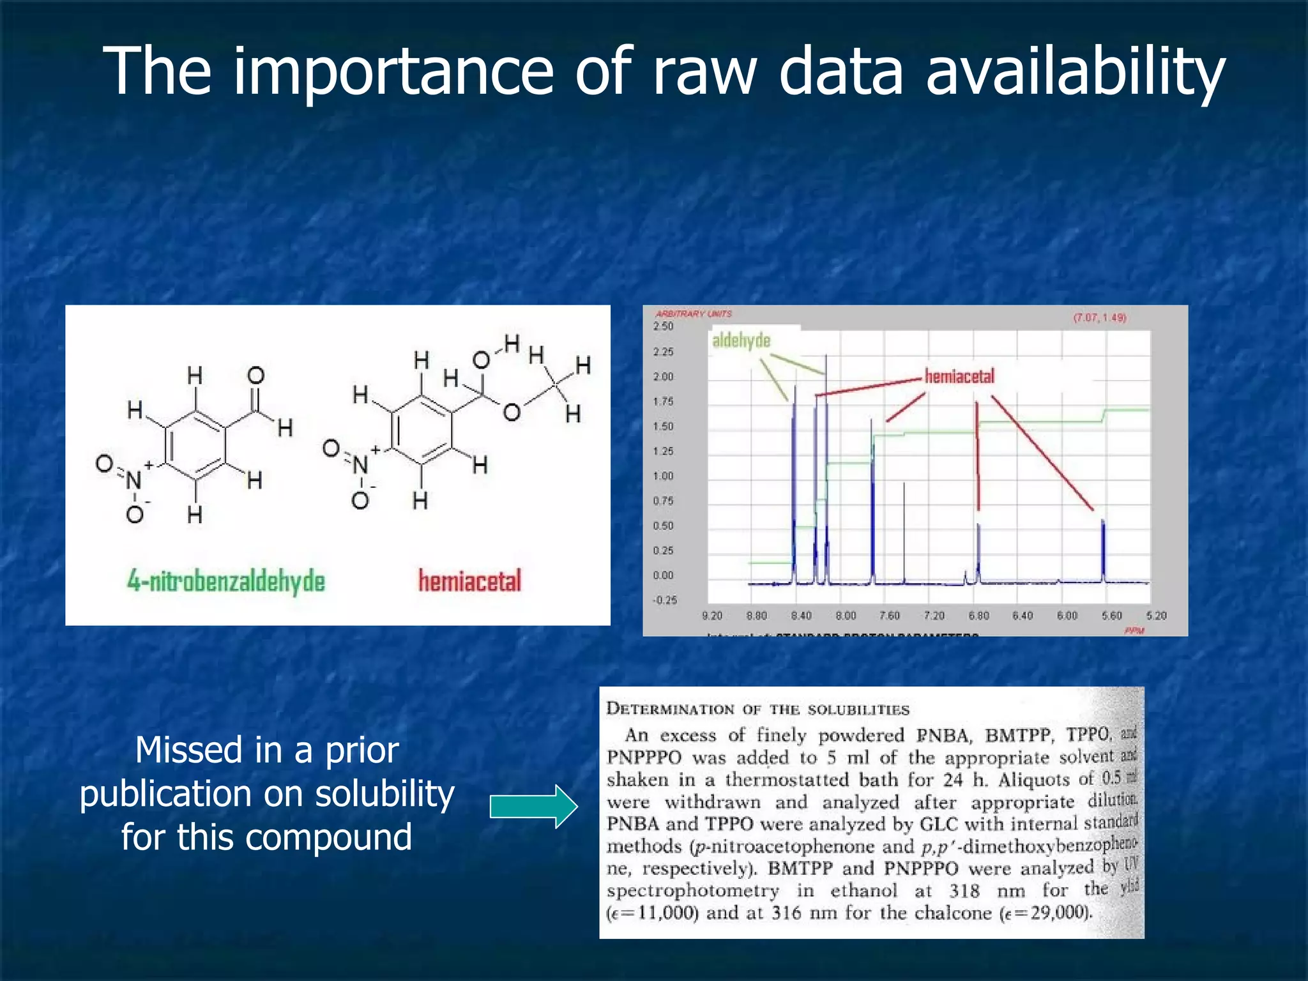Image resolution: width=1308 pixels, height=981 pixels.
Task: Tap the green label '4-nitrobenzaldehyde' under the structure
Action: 226,581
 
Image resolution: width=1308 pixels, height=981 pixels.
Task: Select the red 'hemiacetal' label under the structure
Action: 469,581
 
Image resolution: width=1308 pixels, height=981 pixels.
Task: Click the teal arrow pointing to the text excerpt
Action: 534,807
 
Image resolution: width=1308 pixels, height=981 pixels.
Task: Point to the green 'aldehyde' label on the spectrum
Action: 741,340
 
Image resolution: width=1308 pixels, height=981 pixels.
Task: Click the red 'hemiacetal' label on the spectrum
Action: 959,376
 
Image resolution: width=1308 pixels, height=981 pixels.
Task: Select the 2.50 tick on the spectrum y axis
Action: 663,326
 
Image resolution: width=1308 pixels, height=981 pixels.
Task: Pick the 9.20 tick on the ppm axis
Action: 711,616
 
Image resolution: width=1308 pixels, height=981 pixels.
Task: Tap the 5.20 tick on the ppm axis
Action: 1156,616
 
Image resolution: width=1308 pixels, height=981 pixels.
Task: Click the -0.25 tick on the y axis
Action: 664,600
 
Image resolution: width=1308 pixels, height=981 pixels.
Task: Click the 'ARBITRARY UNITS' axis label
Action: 694,314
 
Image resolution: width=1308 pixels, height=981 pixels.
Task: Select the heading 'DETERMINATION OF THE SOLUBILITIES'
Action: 757,709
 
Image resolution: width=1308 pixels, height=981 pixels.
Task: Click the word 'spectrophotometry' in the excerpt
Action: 693,890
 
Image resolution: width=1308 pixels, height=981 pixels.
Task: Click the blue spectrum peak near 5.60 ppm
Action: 1103,549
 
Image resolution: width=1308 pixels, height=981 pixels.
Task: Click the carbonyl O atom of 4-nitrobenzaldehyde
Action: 256,376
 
